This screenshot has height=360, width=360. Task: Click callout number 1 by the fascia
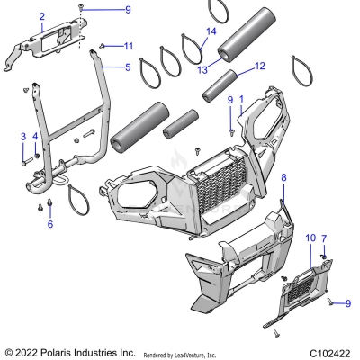(x=240, y=96)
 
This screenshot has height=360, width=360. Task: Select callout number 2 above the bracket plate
(x=41, y=17)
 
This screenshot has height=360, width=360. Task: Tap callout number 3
(x=22, y=136)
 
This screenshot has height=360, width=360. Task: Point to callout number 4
(x=35, y=136)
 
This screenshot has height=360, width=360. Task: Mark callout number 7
(x=325, y=237)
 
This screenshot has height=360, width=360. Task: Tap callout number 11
(x=129, y=46)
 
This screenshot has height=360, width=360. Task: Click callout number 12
(x=260, y=66)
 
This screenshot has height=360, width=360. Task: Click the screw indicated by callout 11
(x=103, y=45)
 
